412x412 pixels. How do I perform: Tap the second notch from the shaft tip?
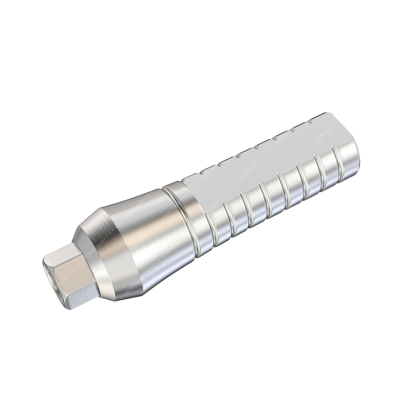[292, 131]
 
